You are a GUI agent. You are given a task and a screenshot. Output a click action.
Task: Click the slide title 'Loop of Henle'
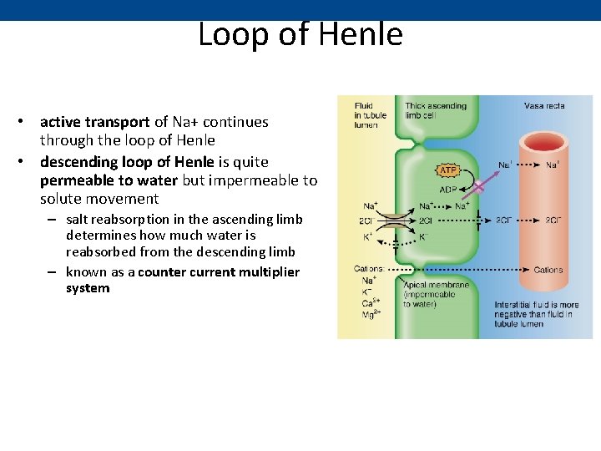click(300, 34)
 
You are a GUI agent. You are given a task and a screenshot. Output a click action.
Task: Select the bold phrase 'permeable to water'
click(109, 180)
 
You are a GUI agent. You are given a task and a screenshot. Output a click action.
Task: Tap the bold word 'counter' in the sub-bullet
click(163, 272)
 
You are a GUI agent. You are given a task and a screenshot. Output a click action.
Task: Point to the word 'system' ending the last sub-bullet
click(88, 288)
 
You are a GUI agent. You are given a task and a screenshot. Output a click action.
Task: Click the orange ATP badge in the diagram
click(448, 170)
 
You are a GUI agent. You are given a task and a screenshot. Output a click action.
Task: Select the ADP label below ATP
click(448, 189)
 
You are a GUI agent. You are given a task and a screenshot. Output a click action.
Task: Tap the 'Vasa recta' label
click(544, 106)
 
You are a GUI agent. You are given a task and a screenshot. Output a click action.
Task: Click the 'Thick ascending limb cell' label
click(436, 111)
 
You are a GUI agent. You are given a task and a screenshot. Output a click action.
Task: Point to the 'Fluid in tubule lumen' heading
click(365, 115)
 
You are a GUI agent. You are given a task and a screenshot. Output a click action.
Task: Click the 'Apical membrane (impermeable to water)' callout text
click(429, 294)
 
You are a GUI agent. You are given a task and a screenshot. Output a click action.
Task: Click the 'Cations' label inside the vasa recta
click(548, 271)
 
